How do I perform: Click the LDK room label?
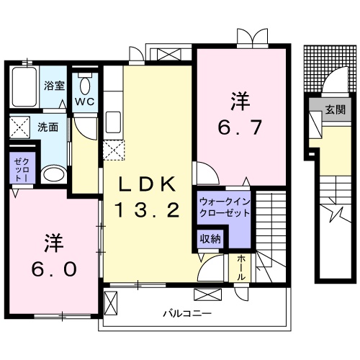click(147, 184)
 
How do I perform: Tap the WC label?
click(86, 102)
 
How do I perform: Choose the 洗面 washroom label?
click(48, 127)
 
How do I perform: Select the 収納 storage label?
click(210, 238)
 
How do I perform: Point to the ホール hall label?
click(240, 268)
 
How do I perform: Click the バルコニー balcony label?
click(186, 314)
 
